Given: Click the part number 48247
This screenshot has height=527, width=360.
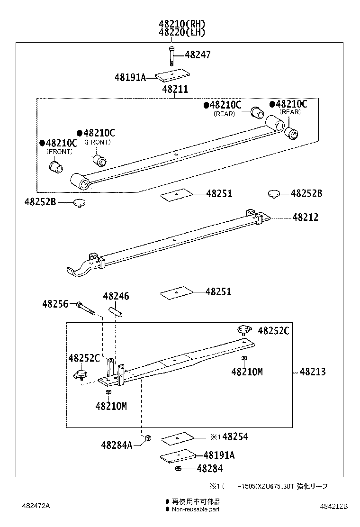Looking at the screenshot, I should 198,55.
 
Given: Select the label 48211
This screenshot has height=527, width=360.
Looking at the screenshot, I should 175,89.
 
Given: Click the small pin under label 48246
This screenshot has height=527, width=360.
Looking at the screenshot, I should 116,313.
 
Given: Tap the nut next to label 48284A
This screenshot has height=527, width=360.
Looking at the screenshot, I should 148,438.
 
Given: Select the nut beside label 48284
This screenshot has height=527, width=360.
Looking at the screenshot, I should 178,468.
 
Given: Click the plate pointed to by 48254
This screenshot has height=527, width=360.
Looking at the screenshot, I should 178,438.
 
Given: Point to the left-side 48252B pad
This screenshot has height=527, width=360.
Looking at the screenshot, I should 79,203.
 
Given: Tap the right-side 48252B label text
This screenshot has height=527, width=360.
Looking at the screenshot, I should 306,193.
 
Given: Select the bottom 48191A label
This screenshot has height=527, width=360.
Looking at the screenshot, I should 219,455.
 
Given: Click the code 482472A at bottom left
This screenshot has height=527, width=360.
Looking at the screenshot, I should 36,506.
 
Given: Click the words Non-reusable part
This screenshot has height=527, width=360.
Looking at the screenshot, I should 196,509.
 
